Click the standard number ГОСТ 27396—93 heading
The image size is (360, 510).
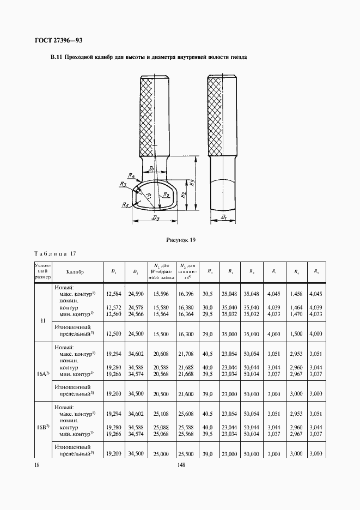58,40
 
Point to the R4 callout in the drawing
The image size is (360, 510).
131,175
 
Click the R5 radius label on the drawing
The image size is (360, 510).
125,205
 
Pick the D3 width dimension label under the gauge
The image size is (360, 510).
155,218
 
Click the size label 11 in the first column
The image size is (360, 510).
43,320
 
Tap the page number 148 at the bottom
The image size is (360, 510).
180,465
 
